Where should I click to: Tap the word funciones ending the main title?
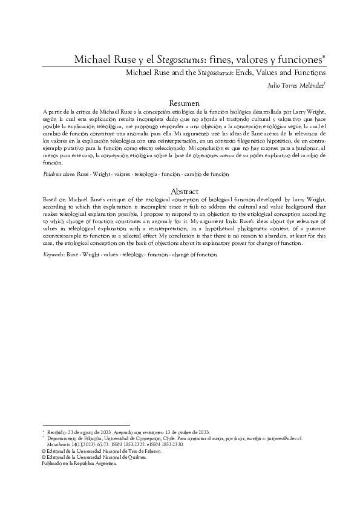pyautogui.click(x=297, y=60)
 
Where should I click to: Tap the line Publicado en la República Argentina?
pyautogui.click(x=79, y=464)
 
